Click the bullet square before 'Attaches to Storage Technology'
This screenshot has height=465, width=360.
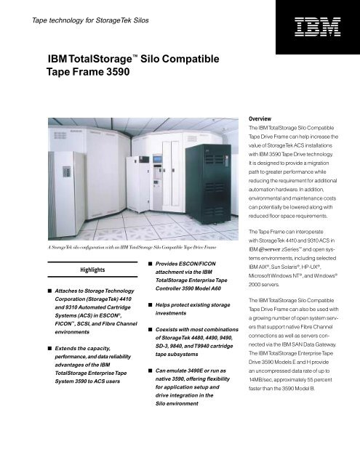coord(16,290)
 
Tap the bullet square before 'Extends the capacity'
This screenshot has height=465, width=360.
coord(16,350)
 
